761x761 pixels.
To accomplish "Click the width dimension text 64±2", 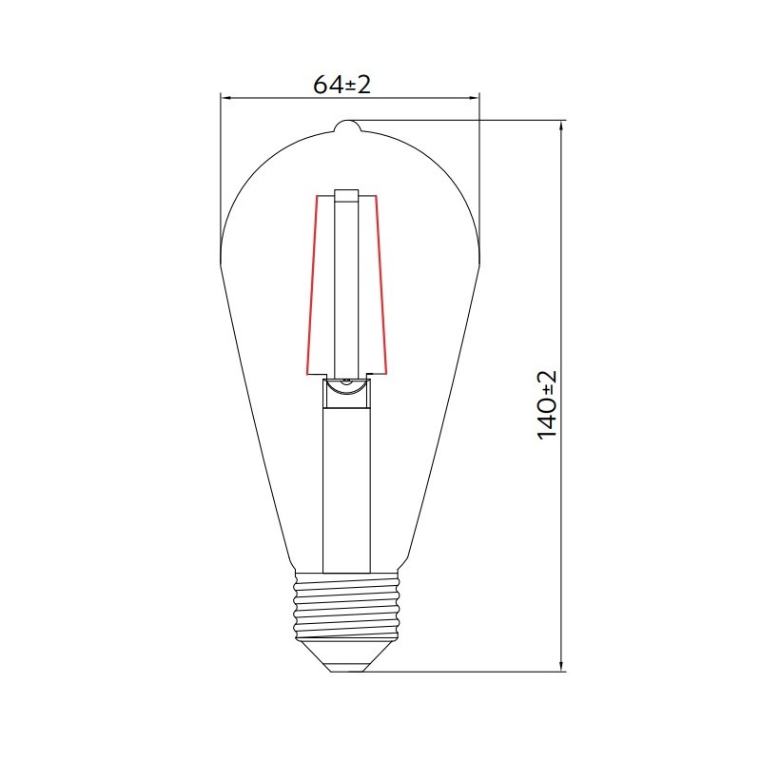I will click(x=341, y=85).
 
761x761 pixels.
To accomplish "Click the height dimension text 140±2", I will click(x=546, y=404).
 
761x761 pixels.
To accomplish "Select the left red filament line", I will click(x=310, y=285).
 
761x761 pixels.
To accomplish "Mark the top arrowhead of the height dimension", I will click(x=562, y=127).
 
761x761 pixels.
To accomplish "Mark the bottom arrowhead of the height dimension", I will click(x=562, y=665).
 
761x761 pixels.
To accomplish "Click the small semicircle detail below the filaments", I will click(x=347, y=384).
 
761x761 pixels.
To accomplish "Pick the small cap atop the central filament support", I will click(x=346, y=195).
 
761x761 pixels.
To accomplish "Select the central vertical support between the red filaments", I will click(x=346, y=285).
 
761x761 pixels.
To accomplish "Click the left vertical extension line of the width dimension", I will click(x=221, y=171).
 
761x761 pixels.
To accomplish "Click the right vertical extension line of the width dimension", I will click(x=479, y=171).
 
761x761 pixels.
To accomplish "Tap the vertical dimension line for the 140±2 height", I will click(x=562, y=285).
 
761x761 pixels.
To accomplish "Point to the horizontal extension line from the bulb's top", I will click(x=457, y=121).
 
